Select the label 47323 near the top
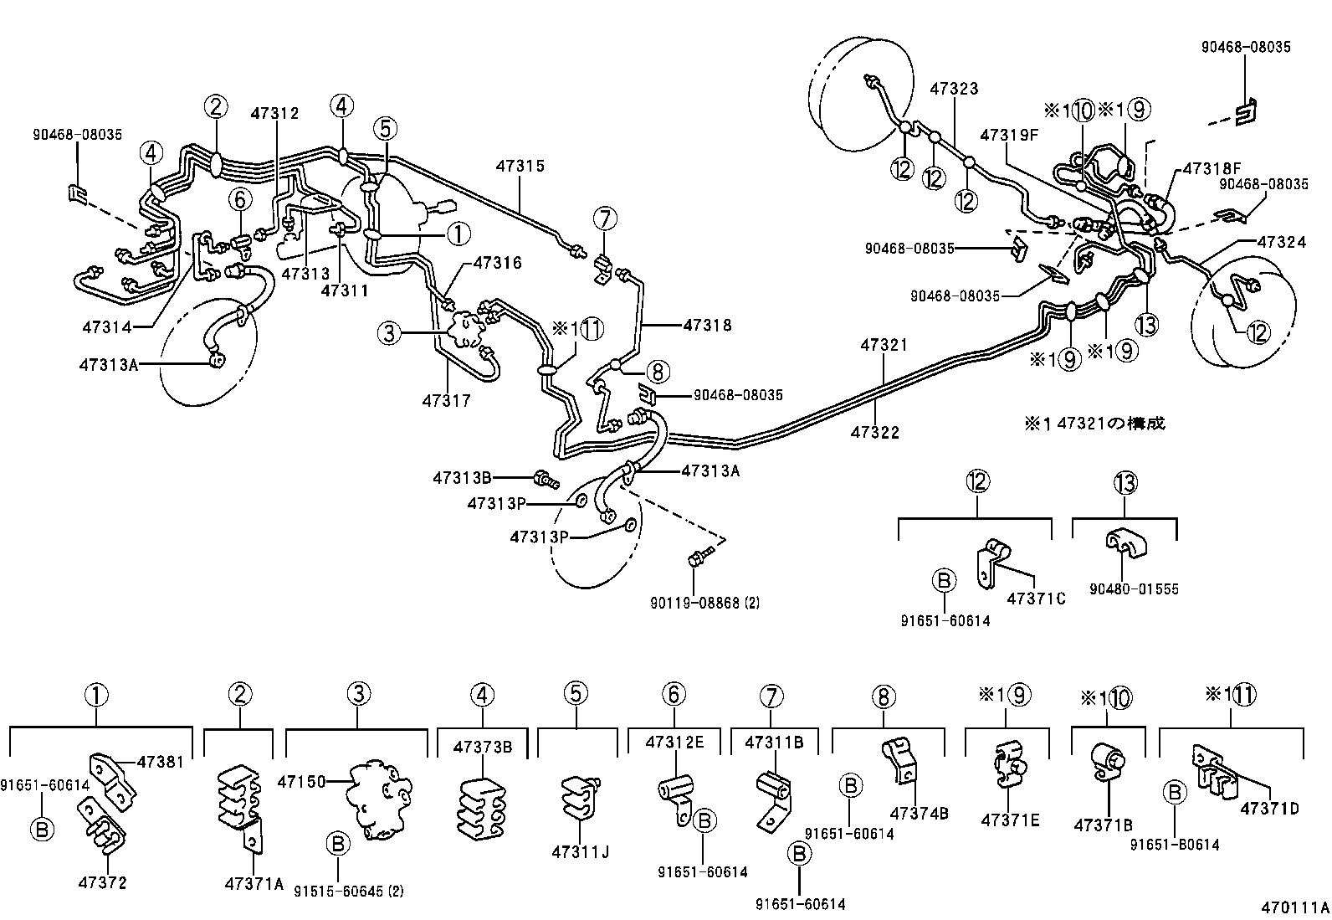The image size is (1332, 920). (x=954, y=89)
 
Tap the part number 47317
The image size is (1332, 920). (x=446, y=401)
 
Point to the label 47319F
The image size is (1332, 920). (x=1010, y=135)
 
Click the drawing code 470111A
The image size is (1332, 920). (x=1295, y=907)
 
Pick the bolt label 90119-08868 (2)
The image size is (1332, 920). (x=704, y=602)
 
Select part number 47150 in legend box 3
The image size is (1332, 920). (x=301, y=781)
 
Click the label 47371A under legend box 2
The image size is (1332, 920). (x=254, y=883)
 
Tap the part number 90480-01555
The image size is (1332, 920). (x=1134, y=589)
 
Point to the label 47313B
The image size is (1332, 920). (x=461, y=478)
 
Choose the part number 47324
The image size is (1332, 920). (x=1281, y=243)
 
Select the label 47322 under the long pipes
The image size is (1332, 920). (x=874, y=433)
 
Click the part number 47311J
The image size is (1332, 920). (x=580, y=852)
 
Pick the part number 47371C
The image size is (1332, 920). (x=1036, y=599)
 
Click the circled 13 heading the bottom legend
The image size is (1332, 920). (x=1125, y=482)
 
